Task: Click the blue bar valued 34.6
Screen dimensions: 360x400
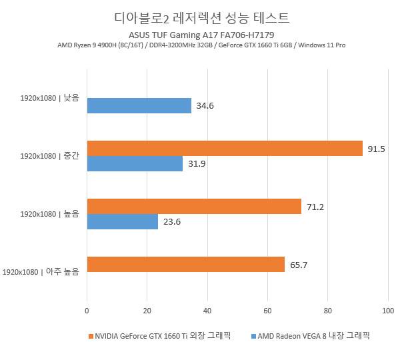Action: (139, 106)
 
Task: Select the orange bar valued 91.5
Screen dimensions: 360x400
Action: (225, 149)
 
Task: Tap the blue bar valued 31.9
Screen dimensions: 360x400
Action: (135, 164)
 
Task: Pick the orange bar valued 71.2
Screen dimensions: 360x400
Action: (194, 207)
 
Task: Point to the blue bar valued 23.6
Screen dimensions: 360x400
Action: (123, 222)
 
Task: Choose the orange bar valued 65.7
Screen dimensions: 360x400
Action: (186, 265)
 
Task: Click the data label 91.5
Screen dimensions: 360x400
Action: (376, 149)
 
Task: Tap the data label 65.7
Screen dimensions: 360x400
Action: (299, 265)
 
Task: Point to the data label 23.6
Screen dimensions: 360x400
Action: (172, 222)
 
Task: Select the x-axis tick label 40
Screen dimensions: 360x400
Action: (207, 311)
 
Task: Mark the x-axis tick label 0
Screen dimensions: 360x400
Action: (87, 311)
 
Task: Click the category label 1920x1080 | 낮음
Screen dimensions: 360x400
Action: (49, 99)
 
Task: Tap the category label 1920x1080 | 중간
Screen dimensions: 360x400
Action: (49, 157)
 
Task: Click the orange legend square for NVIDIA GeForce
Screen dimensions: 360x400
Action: (90, 336)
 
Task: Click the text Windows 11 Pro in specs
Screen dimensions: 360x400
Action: (322, 45)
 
